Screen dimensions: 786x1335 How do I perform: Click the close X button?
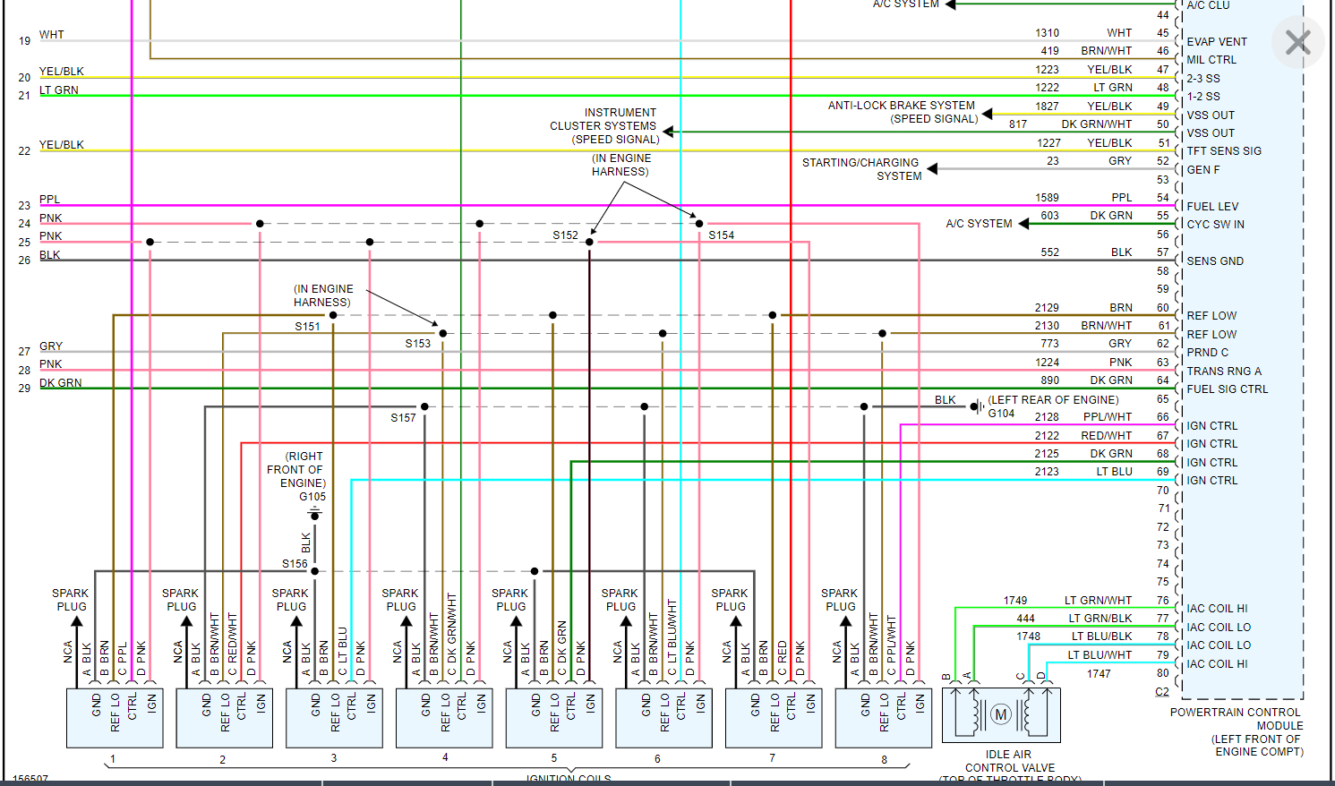(x=1297, y=42)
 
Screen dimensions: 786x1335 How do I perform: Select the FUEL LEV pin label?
(x=1212, y=207)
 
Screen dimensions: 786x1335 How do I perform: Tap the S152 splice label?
(x=565, y=235)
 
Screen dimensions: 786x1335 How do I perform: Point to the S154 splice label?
(x=721, y=235)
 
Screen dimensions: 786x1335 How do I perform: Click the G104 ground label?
(x=1001, y=414)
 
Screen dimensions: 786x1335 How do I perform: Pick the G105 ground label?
(x=312, y=497)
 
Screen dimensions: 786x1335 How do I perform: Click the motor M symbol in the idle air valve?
(x=1001, y=714)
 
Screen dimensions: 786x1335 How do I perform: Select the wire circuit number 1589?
(x=1047, y=198)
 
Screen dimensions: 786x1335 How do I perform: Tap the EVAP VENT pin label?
(x=1217, y=42)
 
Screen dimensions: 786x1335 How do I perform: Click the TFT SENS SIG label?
(x=1224, y=151)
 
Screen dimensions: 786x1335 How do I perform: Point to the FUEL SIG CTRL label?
(x=1227, y=389)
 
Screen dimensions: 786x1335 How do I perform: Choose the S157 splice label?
(x=403, y=418)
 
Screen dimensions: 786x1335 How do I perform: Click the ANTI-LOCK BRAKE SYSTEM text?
(x=901, y=106)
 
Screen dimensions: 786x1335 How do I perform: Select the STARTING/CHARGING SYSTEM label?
(x=861, y=169)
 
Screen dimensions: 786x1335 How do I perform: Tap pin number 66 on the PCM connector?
(x=1162, y=417)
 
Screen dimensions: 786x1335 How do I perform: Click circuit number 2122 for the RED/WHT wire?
(x=1047, y=436)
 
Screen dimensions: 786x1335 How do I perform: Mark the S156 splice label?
(x=295, y=564)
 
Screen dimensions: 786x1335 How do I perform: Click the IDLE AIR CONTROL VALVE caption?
(x=1009, y=761)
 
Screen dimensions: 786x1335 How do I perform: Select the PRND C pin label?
(x=1207, y=353)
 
